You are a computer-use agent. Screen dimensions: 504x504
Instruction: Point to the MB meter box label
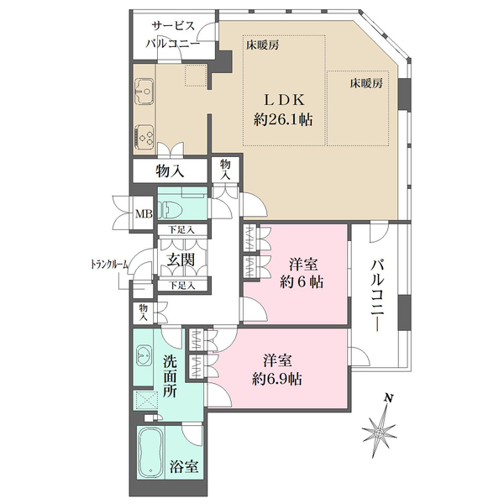(144, 212)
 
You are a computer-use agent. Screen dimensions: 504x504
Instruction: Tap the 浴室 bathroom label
(185, 467)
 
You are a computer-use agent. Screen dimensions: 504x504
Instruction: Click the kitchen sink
(144, 88)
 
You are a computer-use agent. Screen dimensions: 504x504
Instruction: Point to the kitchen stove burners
(144, 134)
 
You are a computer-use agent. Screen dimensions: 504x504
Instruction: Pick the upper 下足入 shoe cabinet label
(181, 229)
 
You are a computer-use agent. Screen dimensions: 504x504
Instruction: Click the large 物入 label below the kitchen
(170, 171)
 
